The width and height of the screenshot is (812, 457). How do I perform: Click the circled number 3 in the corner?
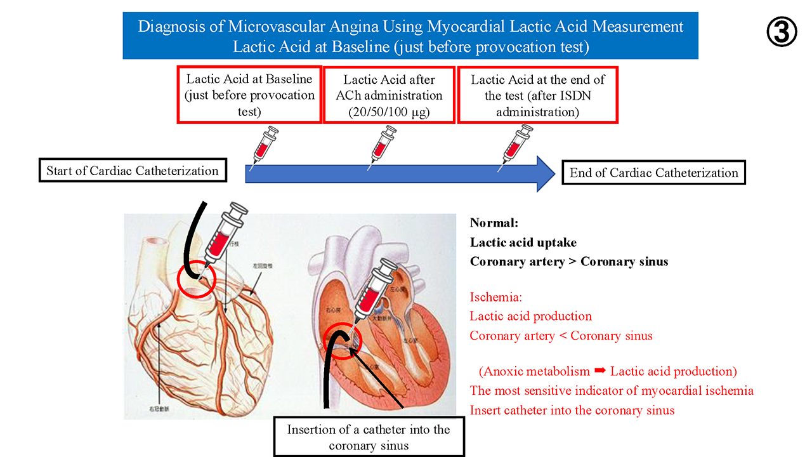click(x=782, y=32)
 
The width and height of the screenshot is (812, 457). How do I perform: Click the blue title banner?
click(x=410, y=36)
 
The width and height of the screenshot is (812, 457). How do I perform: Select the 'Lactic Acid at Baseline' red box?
click(x=249, y=95)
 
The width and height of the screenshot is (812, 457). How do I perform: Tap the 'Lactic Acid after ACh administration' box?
click(x=390, y=95)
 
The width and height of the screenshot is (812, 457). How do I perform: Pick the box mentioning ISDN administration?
click(x=537, y=95)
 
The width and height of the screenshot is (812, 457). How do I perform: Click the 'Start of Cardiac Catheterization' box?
click(x=133, y=171)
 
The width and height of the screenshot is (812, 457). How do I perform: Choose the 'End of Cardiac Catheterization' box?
click(x=654, y=173)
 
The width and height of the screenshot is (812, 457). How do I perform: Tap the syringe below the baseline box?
click(x=265, y=147)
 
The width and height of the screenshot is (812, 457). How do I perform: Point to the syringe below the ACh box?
click(x=384, y=147)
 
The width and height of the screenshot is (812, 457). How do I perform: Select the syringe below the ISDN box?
click(x=516, y=147)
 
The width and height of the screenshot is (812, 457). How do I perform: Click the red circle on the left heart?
click(x=197, y=279)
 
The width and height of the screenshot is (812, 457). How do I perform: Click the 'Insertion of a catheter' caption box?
click(x=369, y=437)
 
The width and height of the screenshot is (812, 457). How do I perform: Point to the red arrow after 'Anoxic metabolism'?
click(x=599, y=371)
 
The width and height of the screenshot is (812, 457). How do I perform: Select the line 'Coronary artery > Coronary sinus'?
click(x=569, y=262)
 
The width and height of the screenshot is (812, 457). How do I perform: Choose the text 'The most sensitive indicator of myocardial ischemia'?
click(x=612, y=390)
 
